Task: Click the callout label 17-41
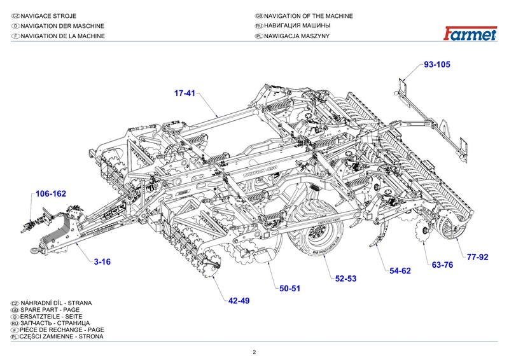(x=185, y=93)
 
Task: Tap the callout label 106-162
(x=51, y=193)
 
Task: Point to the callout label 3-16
(x=102, y=261)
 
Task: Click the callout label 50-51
(x=289, y=289)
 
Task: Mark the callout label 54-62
(x=400, y=271)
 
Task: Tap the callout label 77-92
(x=477, y=257)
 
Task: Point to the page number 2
(x=254, y=352)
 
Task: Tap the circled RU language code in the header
(x=258, y=26)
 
